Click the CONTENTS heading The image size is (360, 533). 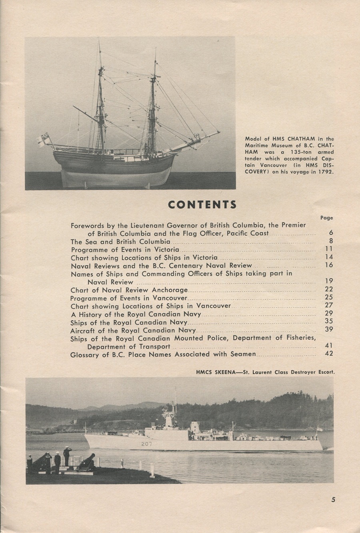(x=202, y=204)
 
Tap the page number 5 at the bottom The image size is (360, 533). (x=333, y=499)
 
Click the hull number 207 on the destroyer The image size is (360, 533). (x=146, y=444)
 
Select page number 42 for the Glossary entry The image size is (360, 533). (x=329, y=353)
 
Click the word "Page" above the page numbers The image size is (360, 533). (x=326, y=218)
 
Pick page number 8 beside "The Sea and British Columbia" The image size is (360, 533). (x=331, y=241)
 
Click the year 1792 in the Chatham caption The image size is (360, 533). (x=325, y=172)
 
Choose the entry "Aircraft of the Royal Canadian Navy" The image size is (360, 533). (x=133, y=331)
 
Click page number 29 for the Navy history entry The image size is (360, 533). (x=329, y=313)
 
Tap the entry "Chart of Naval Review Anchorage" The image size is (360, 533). (x=129, y=290)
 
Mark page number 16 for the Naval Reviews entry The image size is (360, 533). (x=329, y=265)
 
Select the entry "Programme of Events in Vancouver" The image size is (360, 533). (x=128, y=298)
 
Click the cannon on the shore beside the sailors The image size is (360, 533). (x=86, y=461)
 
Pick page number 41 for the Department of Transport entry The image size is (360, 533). (x=329, y=345)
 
